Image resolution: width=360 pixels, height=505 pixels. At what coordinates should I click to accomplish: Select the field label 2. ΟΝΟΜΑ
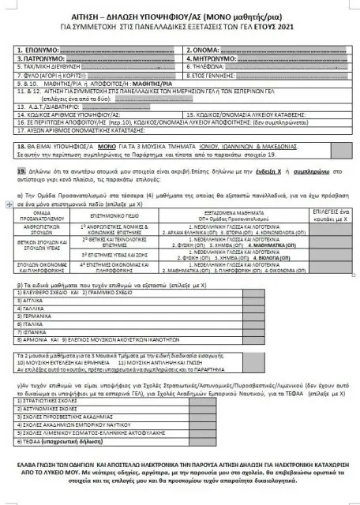tap(203, 53)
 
